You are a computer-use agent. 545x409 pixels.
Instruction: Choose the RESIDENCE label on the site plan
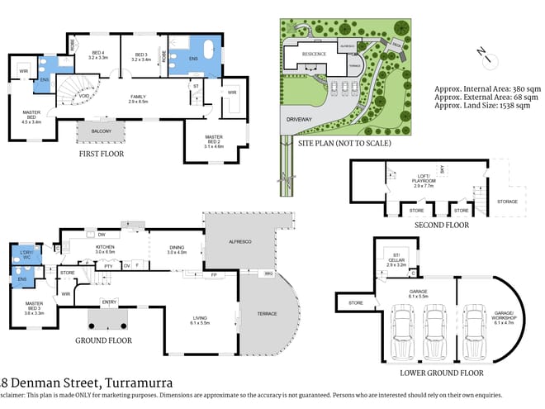point(313,55)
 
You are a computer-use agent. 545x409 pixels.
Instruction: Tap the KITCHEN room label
point(106,248)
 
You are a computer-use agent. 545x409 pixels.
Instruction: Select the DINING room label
point(178,248)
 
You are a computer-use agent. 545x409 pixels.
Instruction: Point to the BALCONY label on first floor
point(101,129)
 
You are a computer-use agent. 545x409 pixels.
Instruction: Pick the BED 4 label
point(98,55)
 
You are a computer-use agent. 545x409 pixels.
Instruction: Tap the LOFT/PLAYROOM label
point(423,183)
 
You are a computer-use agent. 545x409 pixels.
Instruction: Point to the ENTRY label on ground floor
point(108,302)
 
